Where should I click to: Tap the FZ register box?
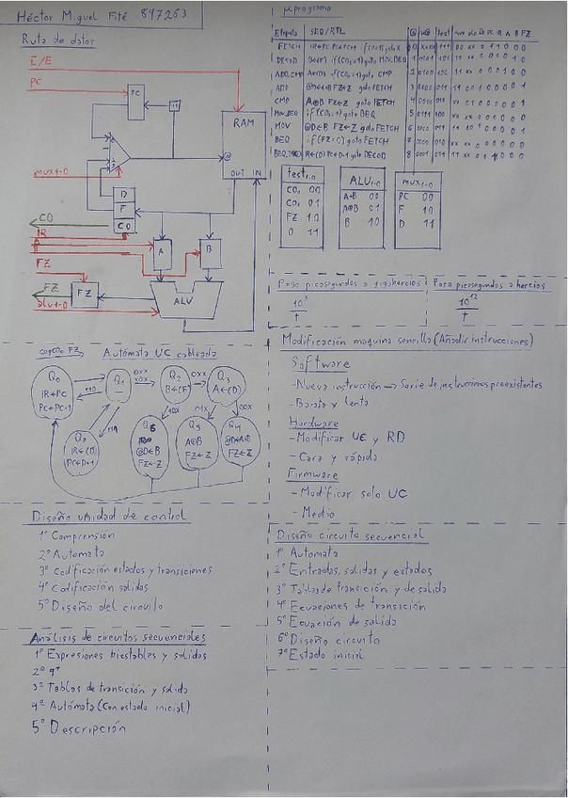click(86, 294)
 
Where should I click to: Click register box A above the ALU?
click(162, 252)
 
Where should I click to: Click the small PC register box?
click(135, 94)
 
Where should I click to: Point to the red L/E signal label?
click(40, 63)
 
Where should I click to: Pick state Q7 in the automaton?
click(84, 442)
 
